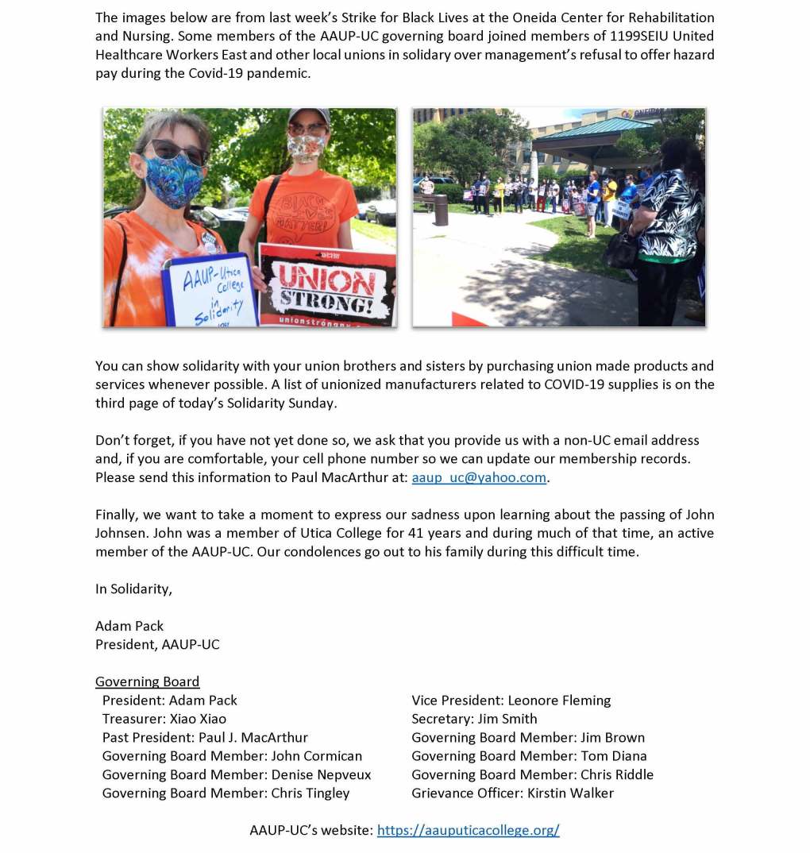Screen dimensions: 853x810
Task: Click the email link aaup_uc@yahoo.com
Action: click(x=479, y=477)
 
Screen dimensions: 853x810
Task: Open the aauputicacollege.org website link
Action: click(x=468, y=830)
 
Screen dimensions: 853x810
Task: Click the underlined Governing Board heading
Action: click(x=147, y=681)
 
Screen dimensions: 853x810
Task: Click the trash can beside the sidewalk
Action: click(x=441, y=210)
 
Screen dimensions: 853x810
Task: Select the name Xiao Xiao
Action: click(x=198, y=719)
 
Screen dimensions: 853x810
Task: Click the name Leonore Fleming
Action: click(x=559, y=701)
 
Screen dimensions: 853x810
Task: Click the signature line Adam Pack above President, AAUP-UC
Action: click(x=129, y=626)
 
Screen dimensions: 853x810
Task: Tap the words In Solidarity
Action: click(x=133, y=589)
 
